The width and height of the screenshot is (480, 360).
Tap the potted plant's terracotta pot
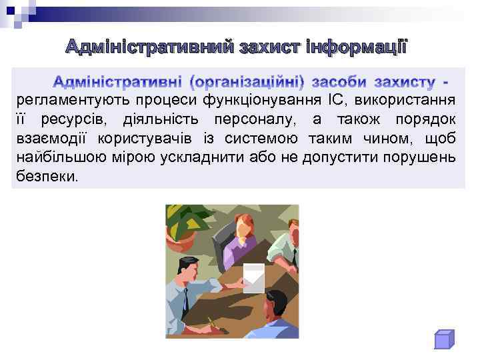[x=184, y=234]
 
